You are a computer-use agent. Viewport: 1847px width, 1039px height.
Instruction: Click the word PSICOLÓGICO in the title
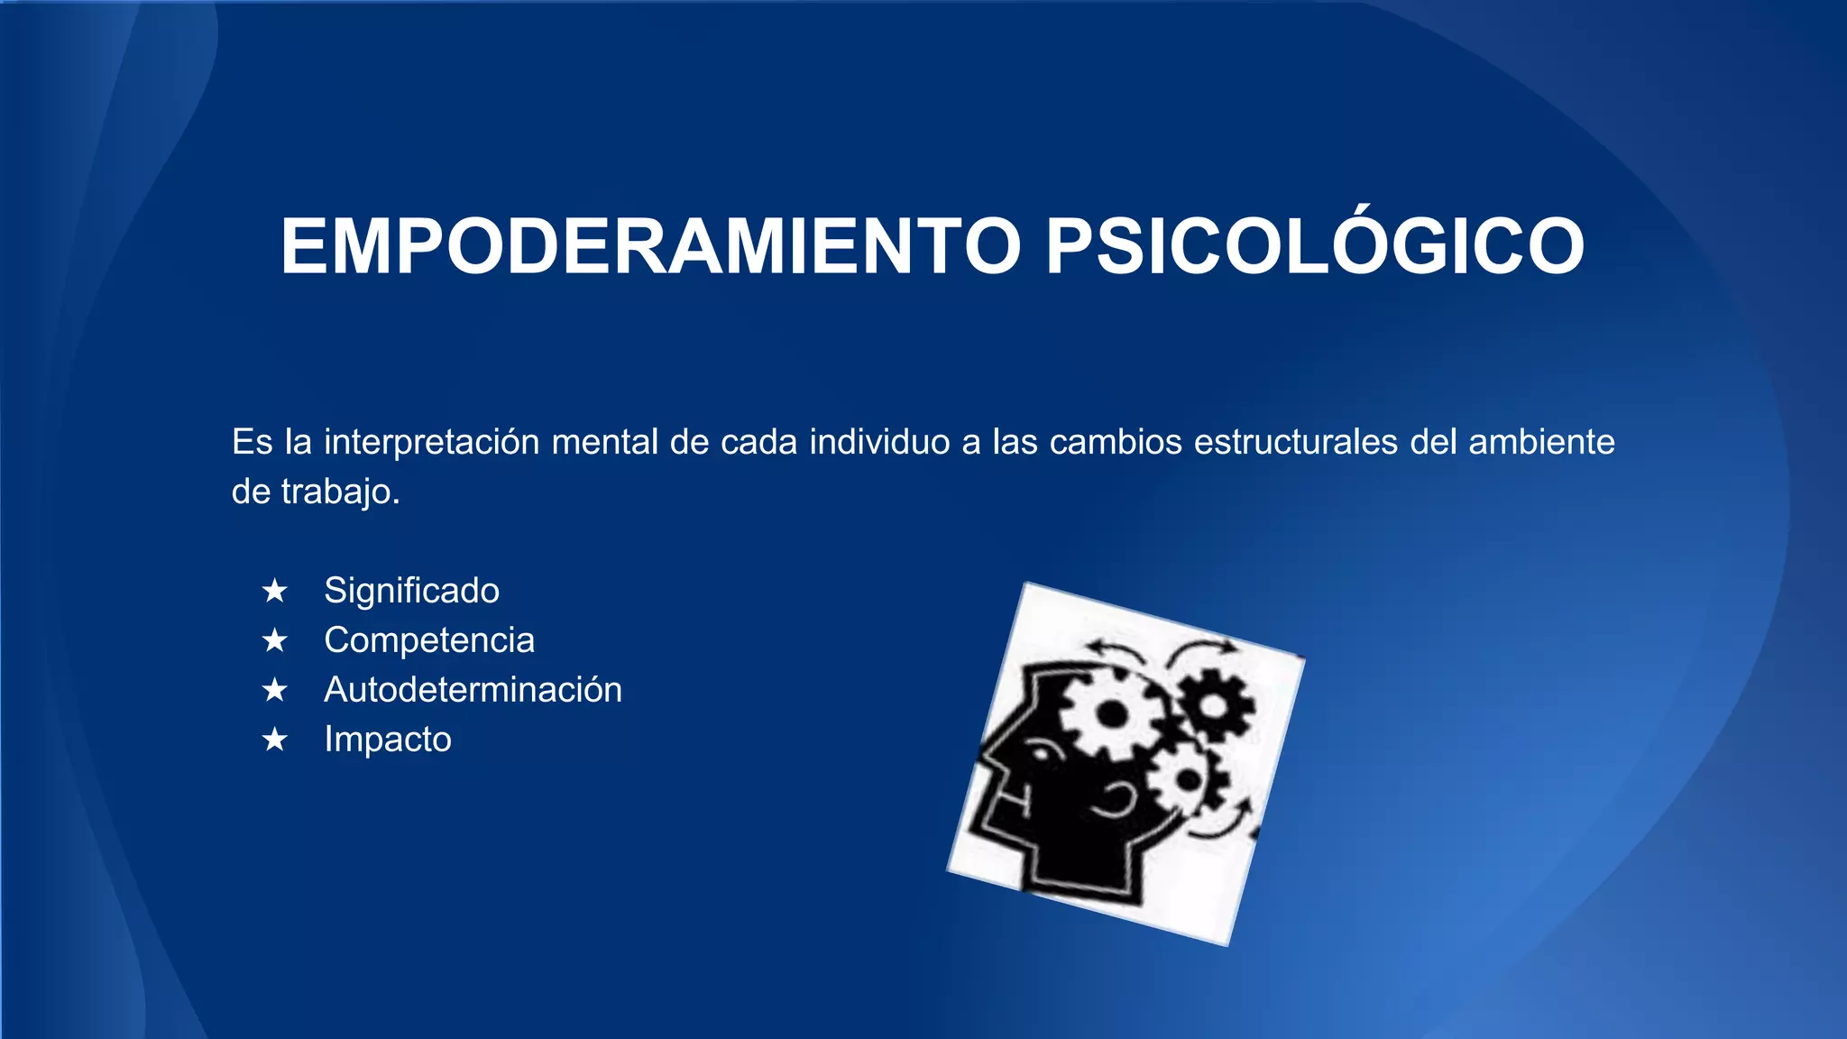[x=1314, y=246]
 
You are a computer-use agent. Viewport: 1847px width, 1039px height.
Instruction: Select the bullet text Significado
[x=411, y=591]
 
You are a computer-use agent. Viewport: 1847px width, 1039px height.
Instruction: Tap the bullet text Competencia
[x=429, y=640]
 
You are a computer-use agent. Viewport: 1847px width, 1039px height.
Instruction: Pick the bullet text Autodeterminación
[x=473, y=690]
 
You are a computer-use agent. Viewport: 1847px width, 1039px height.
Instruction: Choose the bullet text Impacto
[x=388, y=740]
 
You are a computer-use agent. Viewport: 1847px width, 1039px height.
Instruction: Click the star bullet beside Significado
[x=274, y=592]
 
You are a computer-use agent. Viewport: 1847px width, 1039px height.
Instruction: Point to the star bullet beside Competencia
[x=274, y=641]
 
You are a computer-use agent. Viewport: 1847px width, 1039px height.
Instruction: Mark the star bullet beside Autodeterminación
[x=274, y=691]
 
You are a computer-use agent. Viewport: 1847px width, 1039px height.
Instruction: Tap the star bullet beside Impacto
[x=274, y=740]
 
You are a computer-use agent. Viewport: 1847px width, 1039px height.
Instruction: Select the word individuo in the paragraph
[x=879, y=442]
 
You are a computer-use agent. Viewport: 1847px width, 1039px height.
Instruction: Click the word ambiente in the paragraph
[x=1541, y=442]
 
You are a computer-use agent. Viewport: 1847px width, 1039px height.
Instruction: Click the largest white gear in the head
[x=1111, y=715]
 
